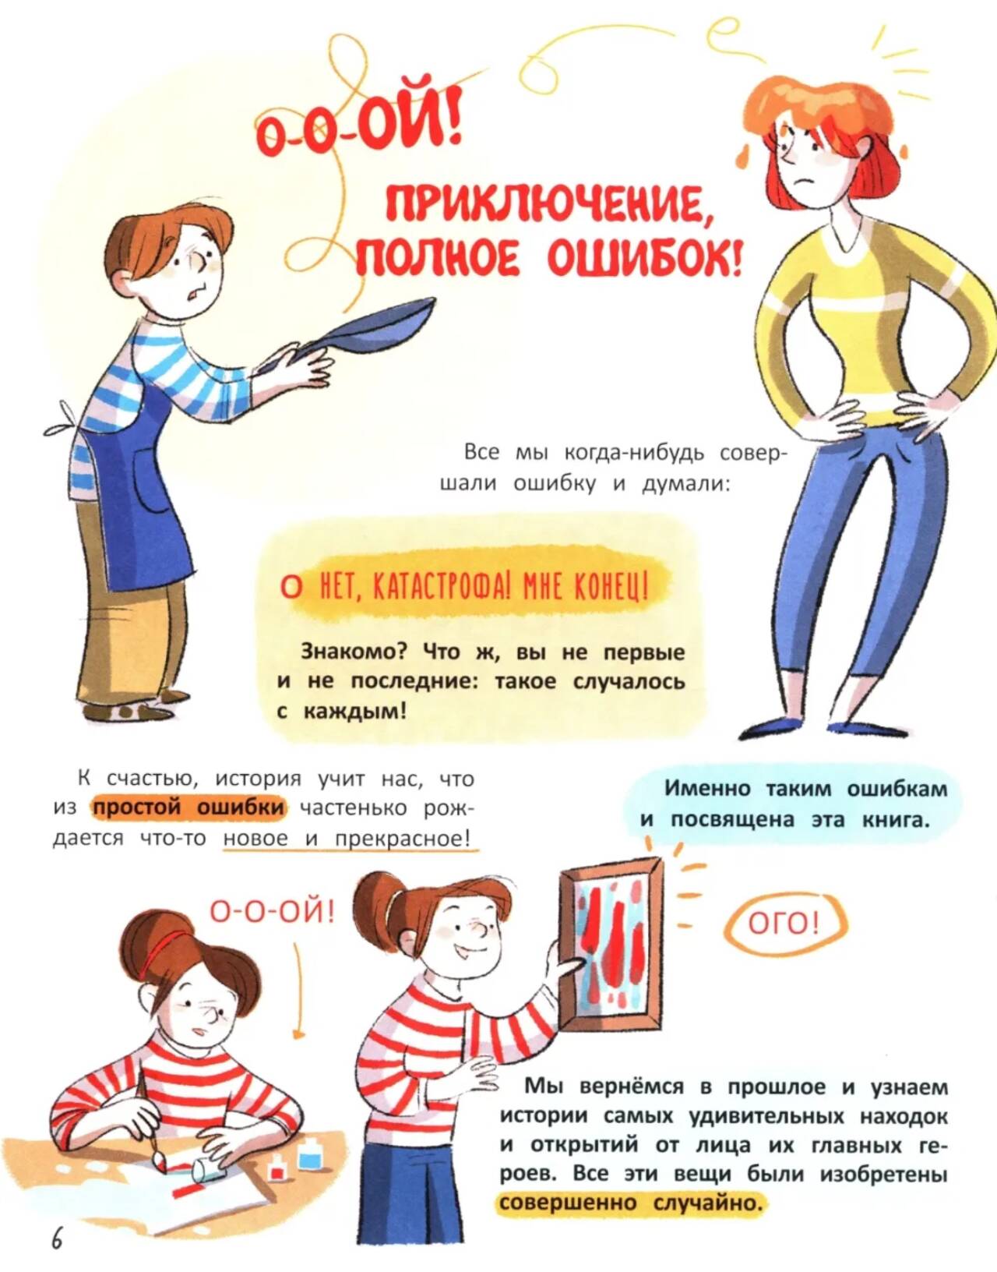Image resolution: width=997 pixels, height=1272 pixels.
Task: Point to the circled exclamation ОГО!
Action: [785, 925]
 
